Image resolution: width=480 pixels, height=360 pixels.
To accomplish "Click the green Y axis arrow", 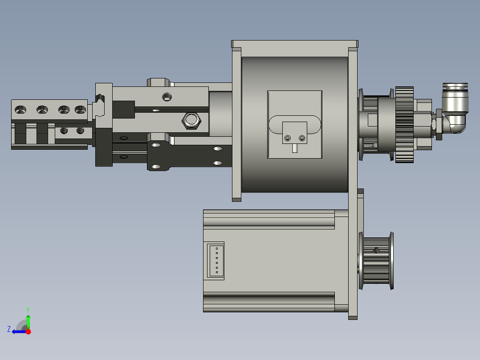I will click(x=28, y=320).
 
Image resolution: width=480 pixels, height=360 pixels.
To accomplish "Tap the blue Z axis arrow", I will click(x=18, y=331).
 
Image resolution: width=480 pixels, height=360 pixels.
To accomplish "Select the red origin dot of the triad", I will click(x=28, y=331).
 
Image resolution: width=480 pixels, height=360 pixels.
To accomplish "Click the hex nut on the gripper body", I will click(x=191, y=120).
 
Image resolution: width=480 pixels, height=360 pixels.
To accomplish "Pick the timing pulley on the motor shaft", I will click(x=377, y=261).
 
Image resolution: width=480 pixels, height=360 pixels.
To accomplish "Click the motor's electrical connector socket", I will click(x=216, y=261).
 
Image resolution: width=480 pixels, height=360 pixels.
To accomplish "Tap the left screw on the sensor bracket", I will click(x=288, y=138).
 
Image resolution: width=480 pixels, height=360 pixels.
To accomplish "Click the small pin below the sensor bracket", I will click(x=295, y=148).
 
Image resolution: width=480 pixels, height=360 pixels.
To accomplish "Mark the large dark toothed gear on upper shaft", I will click(x=404, y=125).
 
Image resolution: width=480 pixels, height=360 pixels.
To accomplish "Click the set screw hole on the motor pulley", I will click(x=377, y=250).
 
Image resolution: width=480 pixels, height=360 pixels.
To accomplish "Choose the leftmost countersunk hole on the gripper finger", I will click(x=20, y=109).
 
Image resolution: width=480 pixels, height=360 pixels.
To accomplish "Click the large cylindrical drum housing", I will click(x=294, y=125).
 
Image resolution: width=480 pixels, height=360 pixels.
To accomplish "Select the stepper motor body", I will click(x=272, y=261).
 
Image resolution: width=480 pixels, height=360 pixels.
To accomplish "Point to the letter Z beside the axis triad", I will click(x=9, y=329).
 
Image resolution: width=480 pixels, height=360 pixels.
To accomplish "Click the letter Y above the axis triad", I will click(x=28, y=309).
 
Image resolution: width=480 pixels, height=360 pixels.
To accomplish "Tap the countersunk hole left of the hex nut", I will click(x=167, y=96).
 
